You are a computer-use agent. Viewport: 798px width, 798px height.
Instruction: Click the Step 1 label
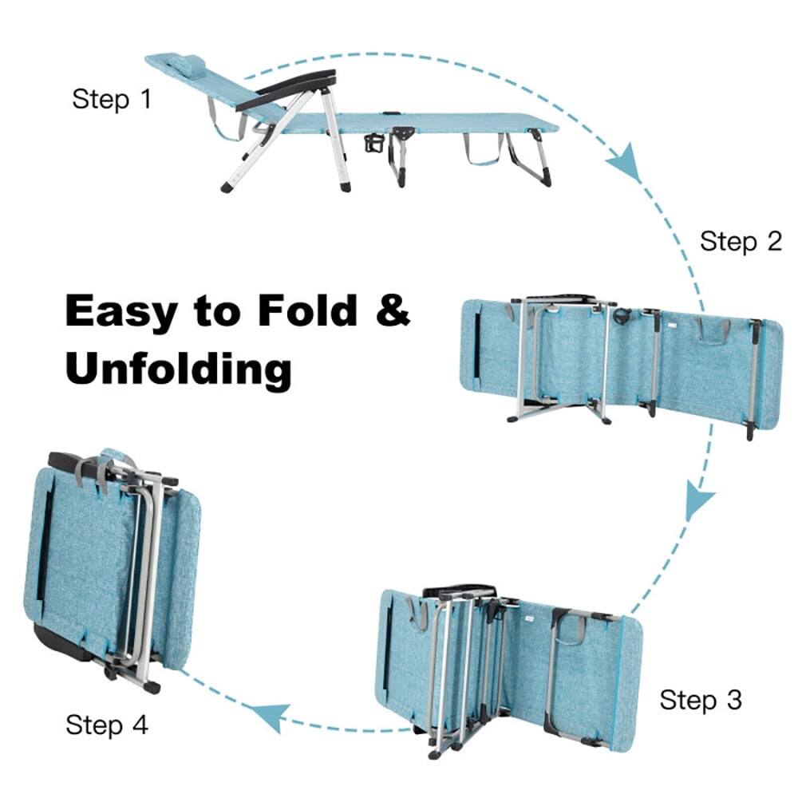(x=111, y=100)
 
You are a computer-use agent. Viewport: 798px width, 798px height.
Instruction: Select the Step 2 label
(x=741, y=241)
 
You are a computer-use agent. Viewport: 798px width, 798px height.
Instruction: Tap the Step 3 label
(x=701, y=700)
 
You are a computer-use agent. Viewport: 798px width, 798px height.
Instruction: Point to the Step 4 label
(x=107, y=725)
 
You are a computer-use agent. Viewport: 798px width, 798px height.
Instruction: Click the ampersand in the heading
(x=392, y=310)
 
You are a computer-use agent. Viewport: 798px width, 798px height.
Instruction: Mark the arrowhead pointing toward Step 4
(x=270, y=716)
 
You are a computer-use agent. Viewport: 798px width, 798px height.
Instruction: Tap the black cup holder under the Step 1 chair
(x=373, y=144)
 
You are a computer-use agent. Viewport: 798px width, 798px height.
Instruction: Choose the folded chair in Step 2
(x=621, y=359)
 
